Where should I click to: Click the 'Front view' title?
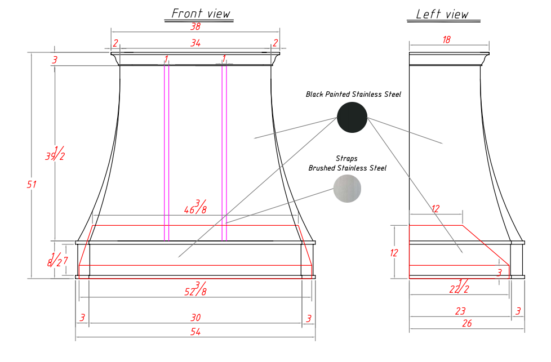coord(201,14)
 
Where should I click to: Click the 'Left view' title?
coord(442,15)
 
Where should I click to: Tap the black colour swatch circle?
coord(352,117)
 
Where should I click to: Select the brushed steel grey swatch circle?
coord(347,188)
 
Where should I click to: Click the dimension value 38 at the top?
coord(195,26)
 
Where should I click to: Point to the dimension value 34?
coord(195,43)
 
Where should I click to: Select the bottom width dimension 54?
coord(195,332)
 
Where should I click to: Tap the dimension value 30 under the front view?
coord(195,318)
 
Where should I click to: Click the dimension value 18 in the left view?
coord(447,40)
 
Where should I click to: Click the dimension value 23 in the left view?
coord(460,310)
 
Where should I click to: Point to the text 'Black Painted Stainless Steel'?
coord(353,94)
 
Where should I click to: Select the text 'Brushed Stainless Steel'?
coord(347,168)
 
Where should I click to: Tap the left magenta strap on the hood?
coord(166,152)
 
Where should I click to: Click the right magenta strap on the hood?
coord(224,152)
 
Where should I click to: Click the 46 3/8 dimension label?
coord(195,207)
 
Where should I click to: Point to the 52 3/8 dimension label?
coord(195,289)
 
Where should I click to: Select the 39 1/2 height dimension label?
coord(55,153)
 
